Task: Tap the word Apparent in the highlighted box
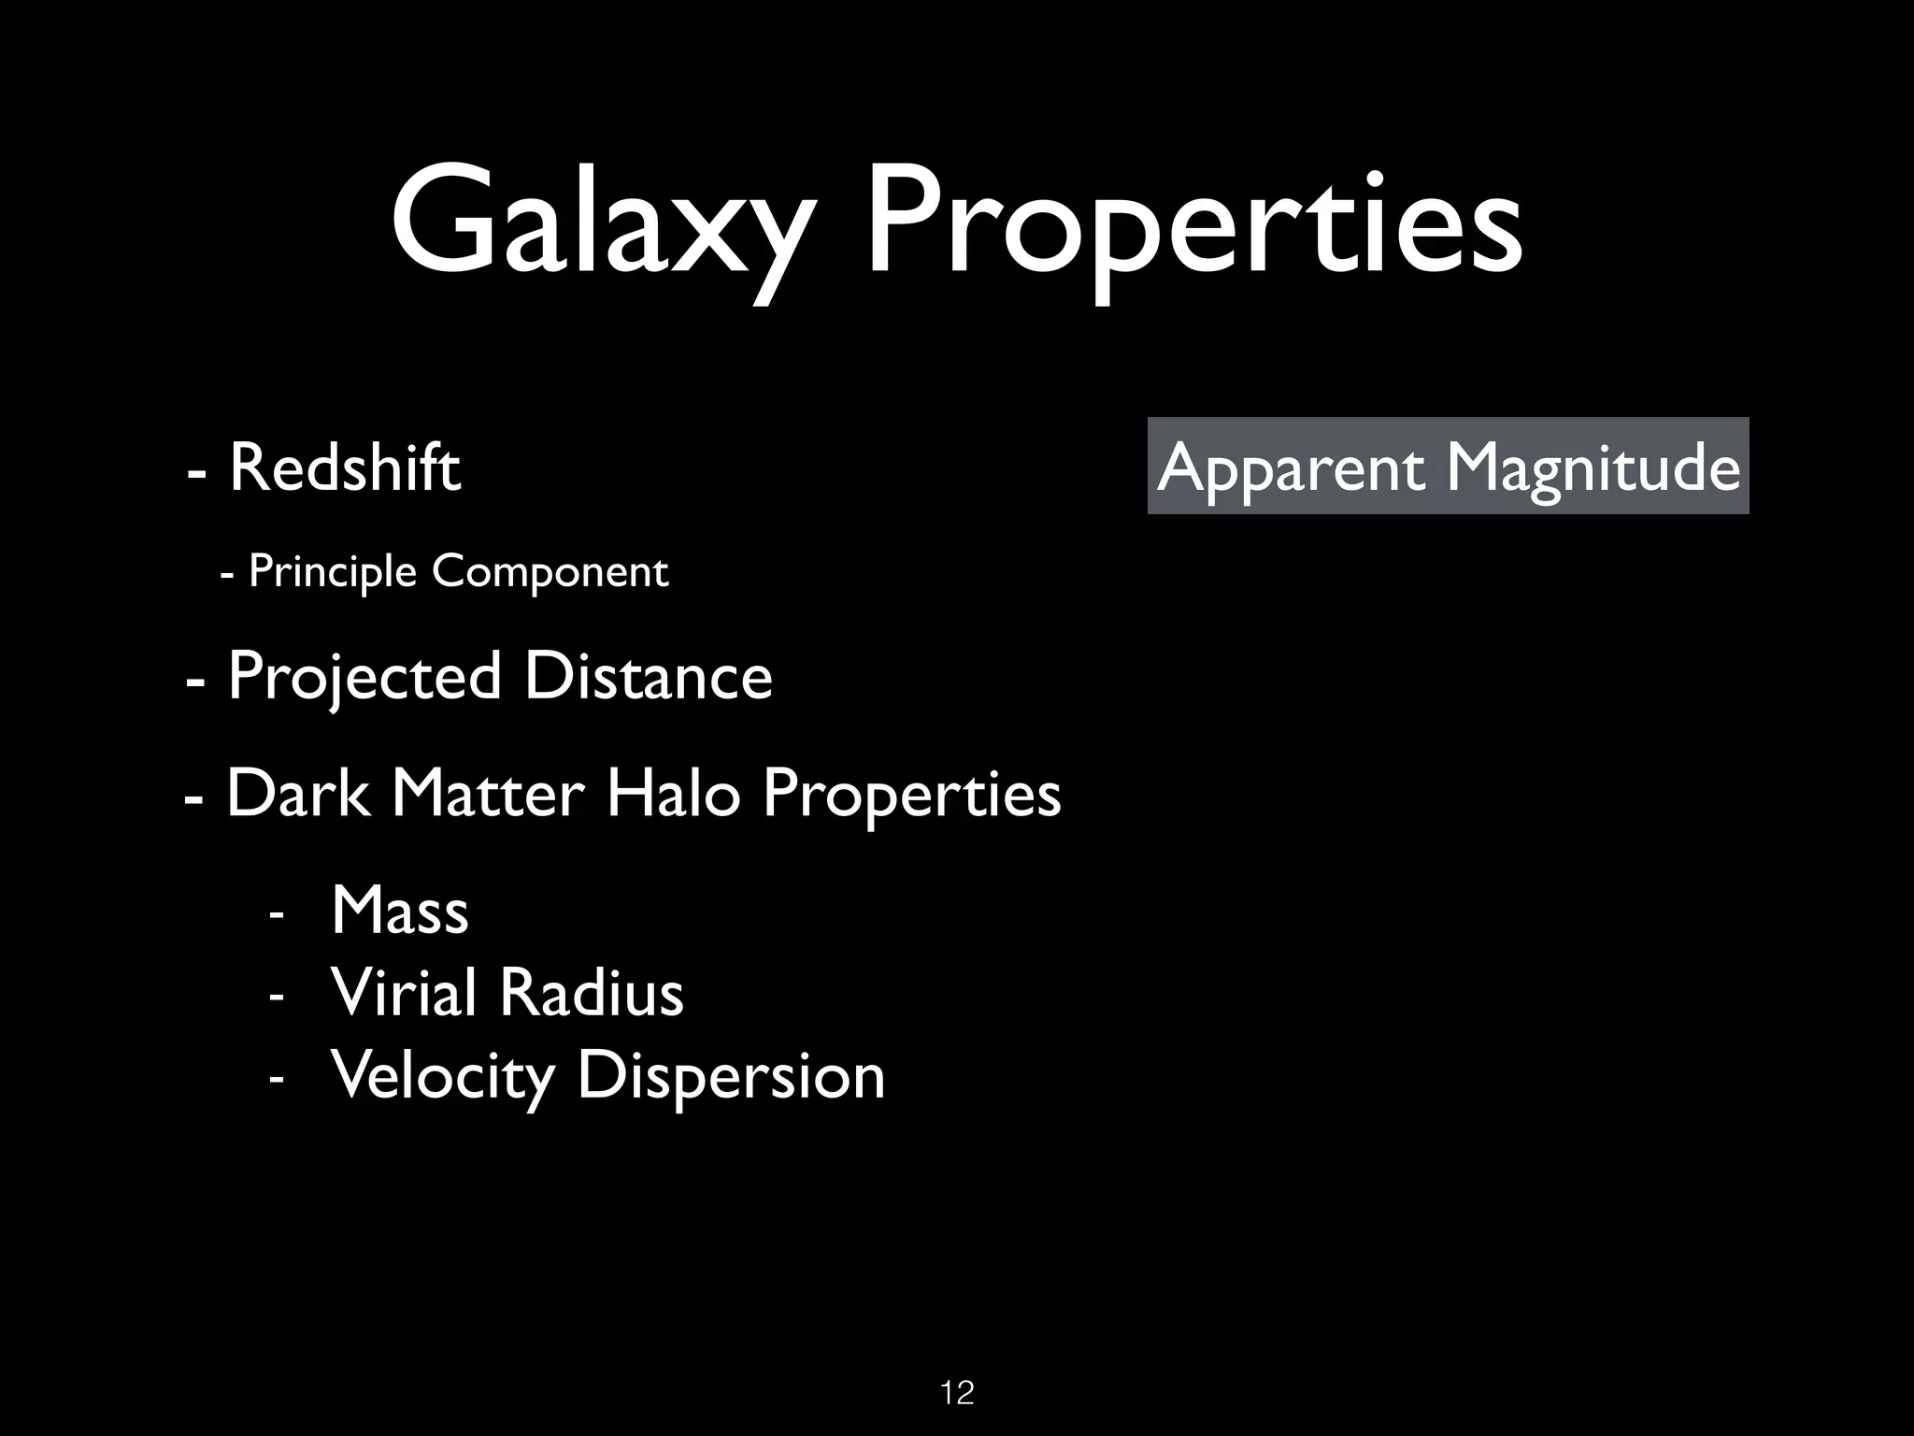[x=1291, y=467]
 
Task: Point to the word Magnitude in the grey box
[x=1593, y=467]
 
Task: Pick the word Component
[x=550, y=571]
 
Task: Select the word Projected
[x=364, y=677]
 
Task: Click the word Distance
[x=648, y=677]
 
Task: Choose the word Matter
[x=488, y=794]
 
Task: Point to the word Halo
[x=673, y=794]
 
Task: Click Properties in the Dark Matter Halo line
[x=911, y=796]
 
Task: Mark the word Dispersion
[x=730, y=1076]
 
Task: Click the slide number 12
[x=957, y=1393]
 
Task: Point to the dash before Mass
[x=275, y=912]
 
